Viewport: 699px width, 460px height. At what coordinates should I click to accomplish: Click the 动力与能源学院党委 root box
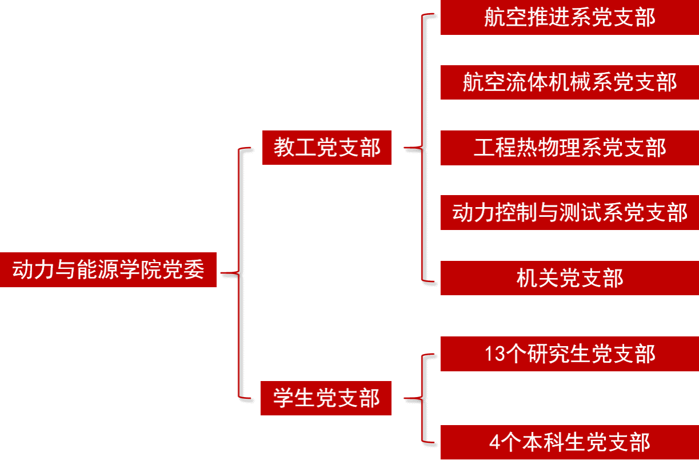tap(108, 269)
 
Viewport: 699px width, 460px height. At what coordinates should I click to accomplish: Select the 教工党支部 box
tap(327, 148)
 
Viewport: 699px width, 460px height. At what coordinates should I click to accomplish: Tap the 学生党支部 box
tap(326, 398)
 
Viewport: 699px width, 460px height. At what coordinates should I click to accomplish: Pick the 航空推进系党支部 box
tap(569, 18)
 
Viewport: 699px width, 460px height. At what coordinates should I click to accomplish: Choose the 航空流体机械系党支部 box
tap(569, 82)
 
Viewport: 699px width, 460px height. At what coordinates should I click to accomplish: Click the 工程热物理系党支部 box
tap(569, 148)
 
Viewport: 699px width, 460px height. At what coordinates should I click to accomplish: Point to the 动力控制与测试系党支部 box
tap(569, 213)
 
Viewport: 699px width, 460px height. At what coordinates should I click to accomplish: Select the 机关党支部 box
tap(569, 278)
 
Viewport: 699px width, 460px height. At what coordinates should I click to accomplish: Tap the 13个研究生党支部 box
tap(569, 354)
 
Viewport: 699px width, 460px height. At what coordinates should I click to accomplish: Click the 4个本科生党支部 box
tap(569, 442)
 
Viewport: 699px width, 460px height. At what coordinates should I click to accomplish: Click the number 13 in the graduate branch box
tap(495, 354)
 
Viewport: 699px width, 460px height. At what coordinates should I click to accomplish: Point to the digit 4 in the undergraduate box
tap(495, 443)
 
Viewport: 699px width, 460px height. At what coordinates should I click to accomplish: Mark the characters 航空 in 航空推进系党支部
tap(505, 18)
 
